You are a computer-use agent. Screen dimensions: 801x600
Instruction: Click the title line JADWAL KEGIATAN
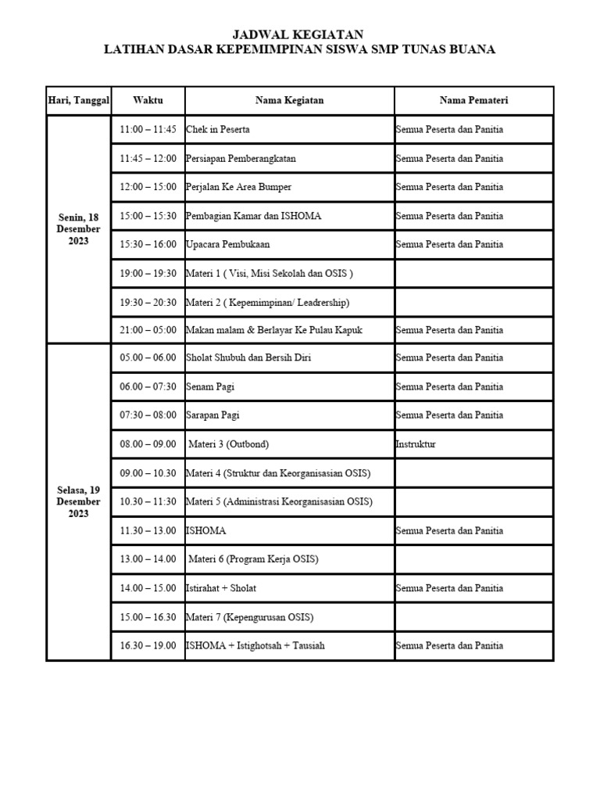point(299,34)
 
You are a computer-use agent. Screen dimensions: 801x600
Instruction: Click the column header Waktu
point(148,100)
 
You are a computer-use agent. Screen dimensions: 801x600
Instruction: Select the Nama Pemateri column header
point(473,100)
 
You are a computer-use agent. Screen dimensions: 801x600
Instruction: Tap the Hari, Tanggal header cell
point(79,100)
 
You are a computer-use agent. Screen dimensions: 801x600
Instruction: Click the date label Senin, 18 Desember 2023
point(79,229)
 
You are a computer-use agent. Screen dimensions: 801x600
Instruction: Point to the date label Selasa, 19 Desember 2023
point(79,501)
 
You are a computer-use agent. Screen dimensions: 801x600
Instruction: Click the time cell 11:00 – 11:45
point(148,130)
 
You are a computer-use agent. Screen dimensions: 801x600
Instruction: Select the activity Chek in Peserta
point(218,130)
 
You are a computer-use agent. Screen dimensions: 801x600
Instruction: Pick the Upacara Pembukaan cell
point(227,244)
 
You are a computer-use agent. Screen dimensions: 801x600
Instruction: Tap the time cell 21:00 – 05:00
point(148,330)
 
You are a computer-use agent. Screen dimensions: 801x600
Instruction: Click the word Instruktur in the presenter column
point(416,444)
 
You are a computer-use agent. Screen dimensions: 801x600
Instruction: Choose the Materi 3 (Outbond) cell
point(229,444)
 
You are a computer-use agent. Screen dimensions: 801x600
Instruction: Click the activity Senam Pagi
point(210,386)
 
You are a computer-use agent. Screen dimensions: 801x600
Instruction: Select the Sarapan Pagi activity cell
point(212,415)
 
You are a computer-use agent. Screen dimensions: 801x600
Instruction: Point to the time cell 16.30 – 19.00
point(148,646)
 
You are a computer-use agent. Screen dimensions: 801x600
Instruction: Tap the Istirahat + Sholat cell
point(221,588)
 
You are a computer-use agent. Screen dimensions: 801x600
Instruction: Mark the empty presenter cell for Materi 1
point(473,273)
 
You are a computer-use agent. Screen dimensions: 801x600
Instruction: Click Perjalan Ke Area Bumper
point(238,187)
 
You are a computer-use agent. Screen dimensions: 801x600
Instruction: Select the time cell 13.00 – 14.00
point(148,559)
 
